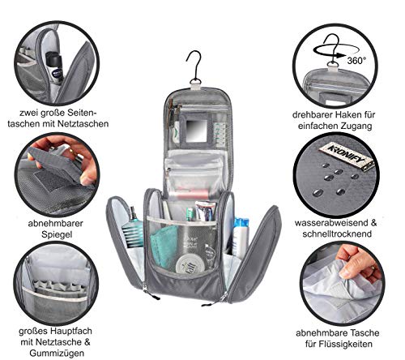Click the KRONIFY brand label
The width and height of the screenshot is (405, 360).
pos(347,156)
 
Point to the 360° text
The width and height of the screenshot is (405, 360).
pos(356,61)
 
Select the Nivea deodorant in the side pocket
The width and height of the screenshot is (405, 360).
pos(55,67)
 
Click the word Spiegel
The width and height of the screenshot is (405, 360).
pos(57,234)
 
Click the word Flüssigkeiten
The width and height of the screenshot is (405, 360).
pos(346,344)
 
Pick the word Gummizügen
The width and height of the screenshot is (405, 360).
pos(57,353)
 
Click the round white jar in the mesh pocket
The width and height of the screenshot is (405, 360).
pos(188,264)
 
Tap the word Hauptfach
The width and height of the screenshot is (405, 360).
pos(70,331)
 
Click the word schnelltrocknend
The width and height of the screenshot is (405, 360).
pos(337,234)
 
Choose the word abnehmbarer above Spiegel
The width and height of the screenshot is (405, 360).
pos(56,223)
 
